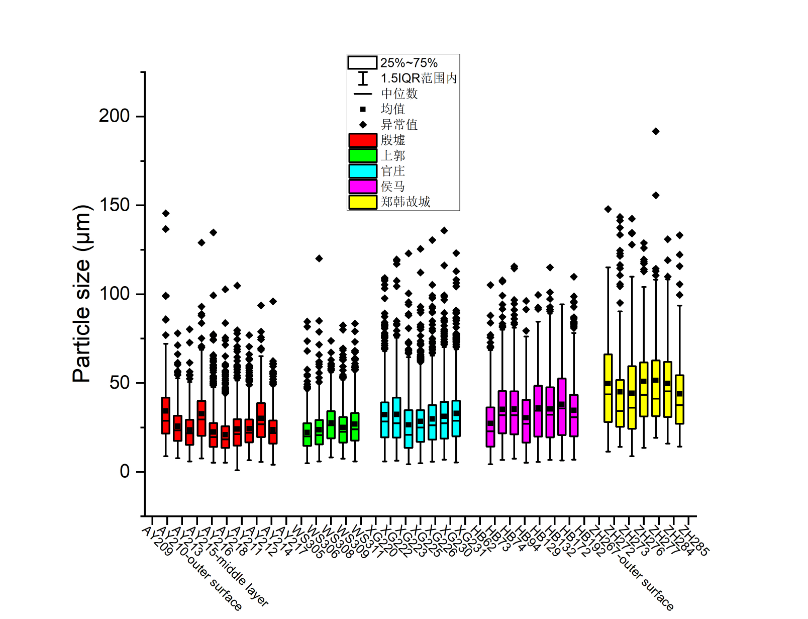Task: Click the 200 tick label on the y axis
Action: pos(114,116)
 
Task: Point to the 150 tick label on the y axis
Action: pos(114,205)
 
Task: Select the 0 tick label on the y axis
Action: pos(125,472)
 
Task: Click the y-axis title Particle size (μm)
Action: pos(82,294)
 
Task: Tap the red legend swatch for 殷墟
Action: pos(363,140)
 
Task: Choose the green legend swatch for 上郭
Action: pos(363,155)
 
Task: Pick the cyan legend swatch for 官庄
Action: pos(363,171)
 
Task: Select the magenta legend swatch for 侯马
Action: pos(363,187)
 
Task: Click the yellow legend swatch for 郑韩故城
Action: pos(363,202)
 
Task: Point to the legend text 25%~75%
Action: pos(409,63)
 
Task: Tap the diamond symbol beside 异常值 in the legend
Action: pos(363,125)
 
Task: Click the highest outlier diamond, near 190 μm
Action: pos(656,131)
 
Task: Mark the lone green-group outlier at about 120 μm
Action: pos(319,258)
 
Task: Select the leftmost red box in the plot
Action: pos(166,415)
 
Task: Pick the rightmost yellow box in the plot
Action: pos(680,399)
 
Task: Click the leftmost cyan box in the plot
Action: pos(385,419)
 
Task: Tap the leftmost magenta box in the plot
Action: pos(490,427)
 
